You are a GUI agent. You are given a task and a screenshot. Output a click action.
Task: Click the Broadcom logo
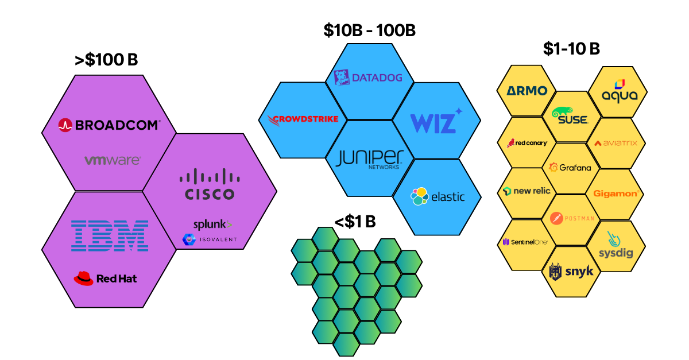coord(109,125)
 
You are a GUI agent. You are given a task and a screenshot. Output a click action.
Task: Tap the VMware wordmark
coord(112,160)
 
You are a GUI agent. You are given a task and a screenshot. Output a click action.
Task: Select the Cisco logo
coord(209,184)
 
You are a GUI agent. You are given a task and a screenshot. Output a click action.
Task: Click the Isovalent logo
coord(209,239)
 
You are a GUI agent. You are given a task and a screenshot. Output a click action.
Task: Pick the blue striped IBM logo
coord(109,235)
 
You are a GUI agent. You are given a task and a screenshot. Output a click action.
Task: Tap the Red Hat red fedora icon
coord(83,278)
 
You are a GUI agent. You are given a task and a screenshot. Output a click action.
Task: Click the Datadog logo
coord(368,78)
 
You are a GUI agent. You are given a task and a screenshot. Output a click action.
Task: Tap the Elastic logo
coord(438,196)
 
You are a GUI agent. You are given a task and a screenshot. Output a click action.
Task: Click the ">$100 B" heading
coord(106,60)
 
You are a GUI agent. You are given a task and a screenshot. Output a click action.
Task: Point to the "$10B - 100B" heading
coord(369,30)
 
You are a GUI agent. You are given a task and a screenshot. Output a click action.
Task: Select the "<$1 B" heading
coord(355,221)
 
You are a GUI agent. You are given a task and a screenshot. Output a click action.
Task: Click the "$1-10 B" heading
coord(571,49)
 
